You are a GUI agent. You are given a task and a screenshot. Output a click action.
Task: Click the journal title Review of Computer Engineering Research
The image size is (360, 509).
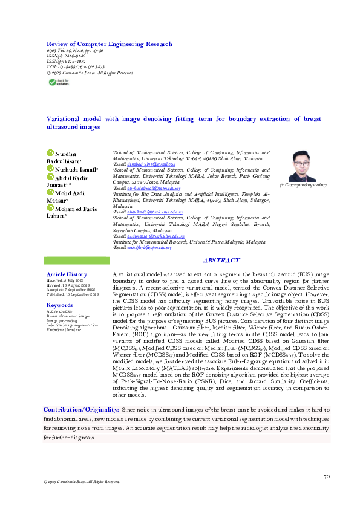(110, 44)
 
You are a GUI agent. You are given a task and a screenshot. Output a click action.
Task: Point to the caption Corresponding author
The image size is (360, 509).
(302, 184)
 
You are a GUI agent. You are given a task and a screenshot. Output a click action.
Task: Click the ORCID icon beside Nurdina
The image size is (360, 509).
(51, 153)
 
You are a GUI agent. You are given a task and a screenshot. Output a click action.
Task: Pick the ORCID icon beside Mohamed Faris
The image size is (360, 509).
(51, 209)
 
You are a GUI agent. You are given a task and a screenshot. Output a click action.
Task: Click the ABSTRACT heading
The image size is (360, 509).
(221, 261)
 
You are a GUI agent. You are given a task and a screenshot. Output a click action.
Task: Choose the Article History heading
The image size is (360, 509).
(67, 274)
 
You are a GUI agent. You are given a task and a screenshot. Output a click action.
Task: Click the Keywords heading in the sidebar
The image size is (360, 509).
(60, 305)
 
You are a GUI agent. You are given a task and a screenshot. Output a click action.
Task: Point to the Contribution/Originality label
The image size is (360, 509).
(81, 410)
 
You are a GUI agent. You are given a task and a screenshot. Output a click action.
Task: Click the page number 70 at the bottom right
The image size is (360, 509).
(327, 476)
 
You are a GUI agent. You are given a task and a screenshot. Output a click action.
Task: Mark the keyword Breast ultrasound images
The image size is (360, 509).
(68, 316)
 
